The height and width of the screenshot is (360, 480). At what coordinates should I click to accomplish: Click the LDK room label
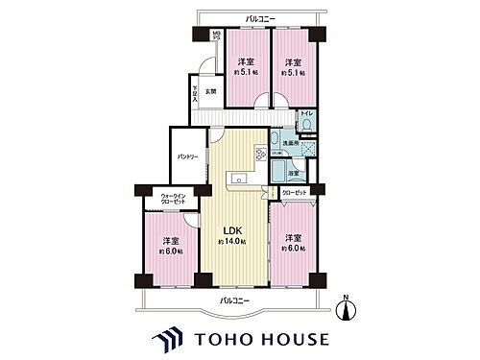pyautogui.click(x=233, y=230)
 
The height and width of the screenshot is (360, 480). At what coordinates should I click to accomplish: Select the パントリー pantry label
pyautogui.click(x=187, y=159)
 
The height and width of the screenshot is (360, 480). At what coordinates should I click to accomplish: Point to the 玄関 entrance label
pyautogui.click(x=209, y=92)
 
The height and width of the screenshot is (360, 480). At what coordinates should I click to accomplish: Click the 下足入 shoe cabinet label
pyautogui.click(x=195, y=93)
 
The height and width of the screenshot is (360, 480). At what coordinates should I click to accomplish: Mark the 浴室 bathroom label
pyautogui.click(x=297, y=173)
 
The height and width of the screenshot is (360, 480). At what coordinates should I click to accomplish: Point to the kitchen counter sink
pyautogui.click(x=237, y=178)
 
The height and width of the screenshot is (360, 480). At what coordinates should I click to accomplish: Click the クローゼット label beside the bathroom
pyautogui.click(x=296, y=193)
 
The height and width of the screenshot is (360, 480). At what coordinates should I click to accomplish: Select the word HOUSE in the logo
pyautogui.click(x=293, y=340)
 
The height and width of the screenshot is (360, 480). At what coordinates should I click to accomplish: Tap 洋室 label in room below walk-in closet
pyautogui.click(x=169, y=239)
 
